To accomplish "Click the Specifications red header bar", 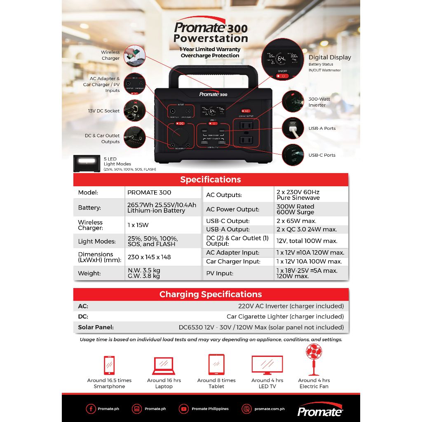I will (211, 180).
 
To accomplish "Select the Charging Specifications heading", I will (211, 294).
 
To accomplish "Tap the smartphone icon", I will (109, 365).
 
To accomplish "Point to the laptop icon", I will (164, 365).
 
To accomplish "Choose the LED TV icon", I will (267, 365).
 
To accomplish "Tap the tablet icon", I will (216, 365).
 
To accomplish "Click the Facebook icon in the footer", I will (91, 409).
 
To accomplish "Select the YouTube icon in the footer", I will (184, 409).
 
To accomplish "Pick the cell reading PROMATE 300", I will (149, 192).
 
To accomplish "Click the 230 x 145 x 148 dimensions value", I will (149, 257).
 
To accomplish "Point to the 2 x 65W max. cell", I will (296, 221).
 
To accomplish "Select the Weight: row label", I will (89, 273).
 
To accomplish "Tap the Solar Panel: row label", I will (96, 327).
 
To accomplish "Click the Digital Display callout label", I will (330, 58).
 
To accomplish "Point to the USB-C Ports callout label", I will (322, 155).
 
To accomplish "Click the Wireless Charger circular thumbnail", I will (135, 56).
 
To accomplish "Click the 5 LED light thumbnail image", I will (87, 163).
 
